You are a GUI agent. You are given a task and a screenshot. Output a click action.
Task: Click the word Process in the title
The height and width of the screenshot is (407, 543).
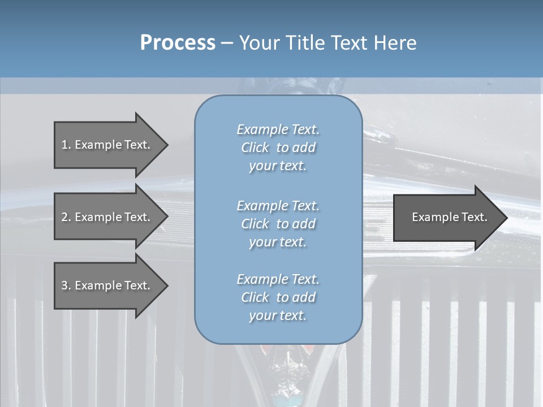[x=178, y=43]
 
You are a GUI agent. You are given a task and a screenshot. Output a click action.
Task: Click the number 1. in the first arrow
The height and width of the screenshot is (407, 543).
[x=66, y=145]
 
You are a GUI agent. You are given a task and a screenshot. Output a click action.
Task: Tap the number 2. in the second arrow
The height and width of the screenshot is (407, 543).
[x=66, y=217]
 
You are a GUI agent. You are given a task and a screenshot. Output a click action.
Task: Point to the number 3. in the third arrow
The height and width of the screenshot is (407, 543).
[x=66, y=285]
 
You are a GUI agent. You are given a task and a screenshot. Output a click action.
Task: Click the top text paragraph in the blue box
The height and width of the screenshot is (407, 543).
[x=278, y=148]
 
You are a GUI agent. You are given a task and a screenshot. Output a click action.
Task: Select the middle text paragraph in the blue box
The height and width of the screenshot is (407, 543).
[x=278, y=224]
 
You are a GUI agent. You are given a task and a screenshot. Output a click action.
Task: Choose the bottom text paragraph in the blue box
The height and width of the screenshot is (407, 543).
[x=278, y=297]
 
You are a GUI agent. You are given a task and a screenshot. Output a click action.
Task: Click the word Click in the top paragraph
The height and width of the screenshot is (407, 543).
[x=255, y=148]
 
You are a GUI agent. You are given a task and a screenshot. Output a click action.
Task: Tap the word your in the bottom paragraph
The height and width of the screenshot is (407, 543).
[x=262, y=315]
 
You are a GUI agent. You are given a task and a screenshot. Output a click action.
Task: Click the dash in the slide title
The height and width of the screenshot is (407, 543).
[x=227, y=43]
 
